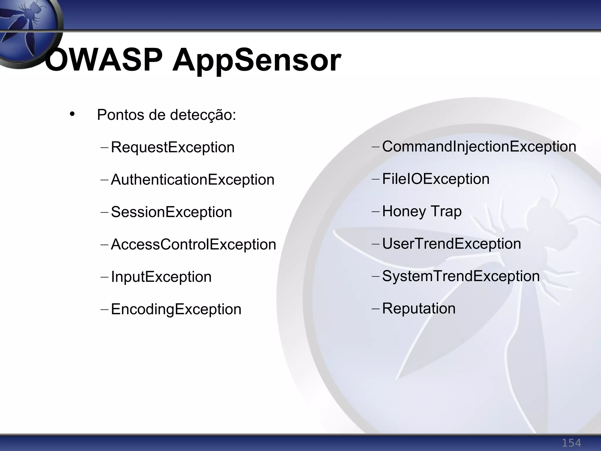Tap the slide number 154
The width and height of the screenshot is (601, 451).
[571, 442]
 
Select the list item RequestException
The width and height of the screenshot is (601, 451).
[173, 147]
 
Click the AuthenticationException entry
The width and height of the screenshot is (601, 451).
[193, 180]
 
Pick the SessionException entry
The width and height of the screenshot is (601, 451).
[171, 212]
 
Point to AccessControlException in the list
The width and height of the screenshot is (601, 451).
[193, 244]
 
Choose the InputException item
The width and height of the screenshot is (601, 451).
[161, 277]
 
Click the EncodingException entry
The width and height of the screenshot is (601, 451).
[176, 309]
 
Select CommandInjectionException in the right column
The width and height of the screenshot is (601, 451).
[479, 147]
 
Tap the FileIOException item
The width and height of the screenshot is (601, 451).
[436, 179]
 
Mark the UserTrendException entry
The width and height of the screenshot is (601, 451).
[451, 244]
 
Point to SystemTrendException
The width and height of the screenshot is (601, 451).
[461, 276]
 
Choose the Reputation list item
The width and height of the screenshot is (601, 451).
[419, 308]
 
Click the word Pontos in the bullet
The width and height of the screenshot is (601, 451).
[121, 115]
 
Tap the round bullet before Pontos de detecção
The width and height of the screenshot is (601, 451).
[72, 114]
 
